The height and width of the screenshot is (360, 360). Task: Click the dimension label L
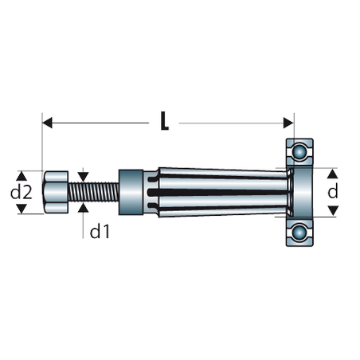tap(165, 121)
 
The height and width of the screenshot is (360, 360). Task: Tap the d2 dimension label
tap(22, 192)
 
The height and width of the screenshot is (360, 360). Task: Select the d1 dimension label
tap(100, 231)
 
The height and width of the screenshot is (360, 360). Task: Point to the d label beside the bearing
tap(333, 191)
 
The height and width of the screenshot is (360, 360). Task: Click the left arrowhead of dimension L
tap(47, 123)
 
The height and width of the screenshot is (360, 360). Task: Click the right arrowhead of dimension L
tap(288, 123)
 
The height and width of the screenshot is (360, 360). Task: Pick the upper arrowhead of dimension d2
tap(22, 176)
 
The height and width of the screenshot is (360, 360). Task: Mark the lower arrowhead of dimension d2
tap(22, 209)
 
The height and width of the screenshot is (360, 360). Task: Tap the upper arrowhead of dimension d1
tap(83, 177)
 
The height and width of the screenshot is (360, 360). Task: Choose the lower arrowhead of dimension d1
tap(83, 208)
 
